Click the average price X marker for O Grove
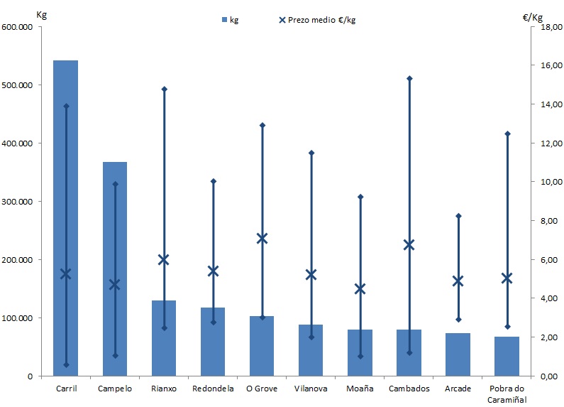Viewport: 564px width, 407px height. (x=262, y=238)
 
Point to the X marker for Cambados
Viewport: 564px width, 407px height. (x=409, y=245)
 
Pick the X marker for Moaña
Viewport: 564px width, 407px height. (x=360, y=289)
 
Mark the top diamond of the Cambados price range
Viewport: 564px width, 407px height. (x=409, y=78)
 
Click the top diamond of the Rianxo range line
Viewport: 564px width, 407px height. (x=164, y=89)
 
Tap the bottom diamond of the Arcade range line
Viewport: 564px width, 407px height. (x=458, y=320)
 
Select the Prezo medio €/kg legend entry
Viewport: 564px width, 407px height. (x=316, y=20)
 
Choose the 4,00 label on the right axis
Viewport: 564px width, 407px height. (x=543, y=298)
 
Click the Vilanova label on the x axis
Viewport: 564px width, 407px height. (x=311, y=389)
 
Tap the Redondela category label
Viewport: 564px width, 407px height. (x=212, y=389)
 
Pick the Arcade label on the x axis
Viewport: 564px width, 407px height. (x=458, y=389)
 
